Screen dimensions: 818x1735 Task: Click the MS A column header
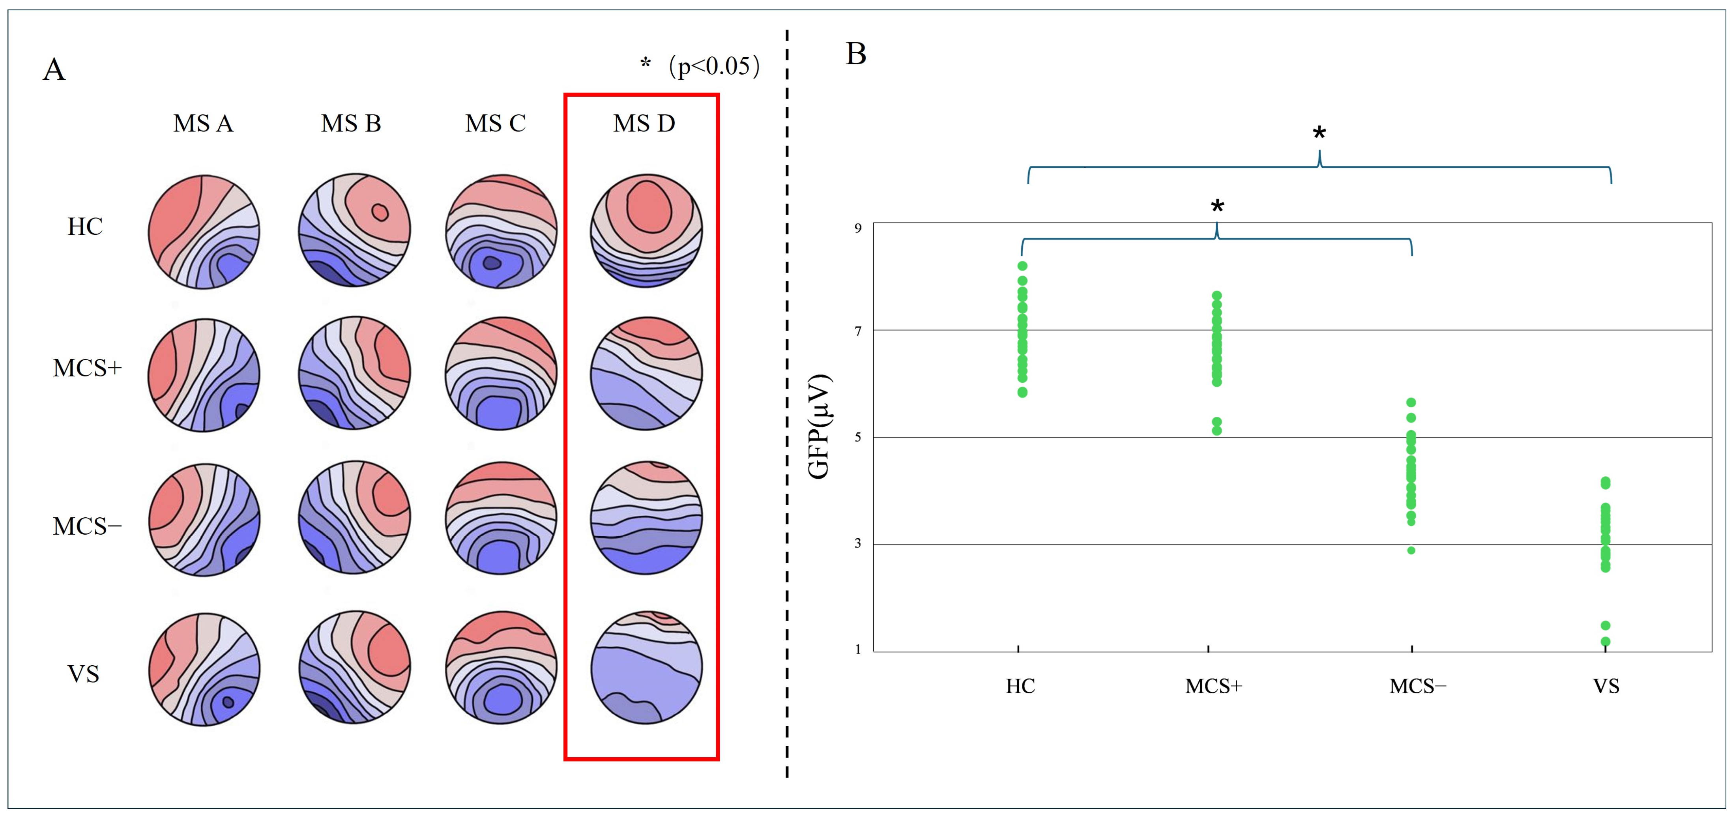203,123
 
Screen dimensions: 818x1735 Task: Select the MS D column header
644,123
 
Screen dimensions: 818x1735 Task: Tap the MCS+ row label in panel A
87,368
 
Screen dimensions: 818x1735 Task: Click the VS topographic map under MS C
500,668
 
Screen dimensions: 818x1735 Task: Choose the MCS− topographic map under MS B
354,517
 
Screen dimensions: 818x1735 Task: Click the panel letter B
855,54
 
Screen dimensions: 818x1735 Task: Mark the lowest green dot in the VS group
1606,642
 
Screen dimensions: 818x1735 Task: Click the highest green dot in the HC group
1022,266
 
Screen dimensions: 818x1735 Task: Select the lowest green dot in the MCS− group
1411,550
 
